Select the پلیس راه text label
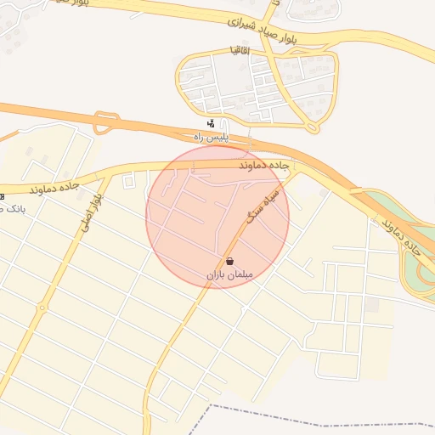click(209, 137)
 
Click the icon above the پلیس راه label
click(211, 124)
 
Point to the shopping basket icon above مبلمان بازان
click(230, 262)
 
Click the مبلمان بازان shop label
click(229, 275)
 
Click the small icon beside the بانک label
click(3, 195)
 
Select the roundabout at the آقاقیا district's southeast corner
click(313, 127)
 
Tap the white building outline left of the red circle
click(129, 181)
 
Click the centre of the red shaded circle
click(217, 217)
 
